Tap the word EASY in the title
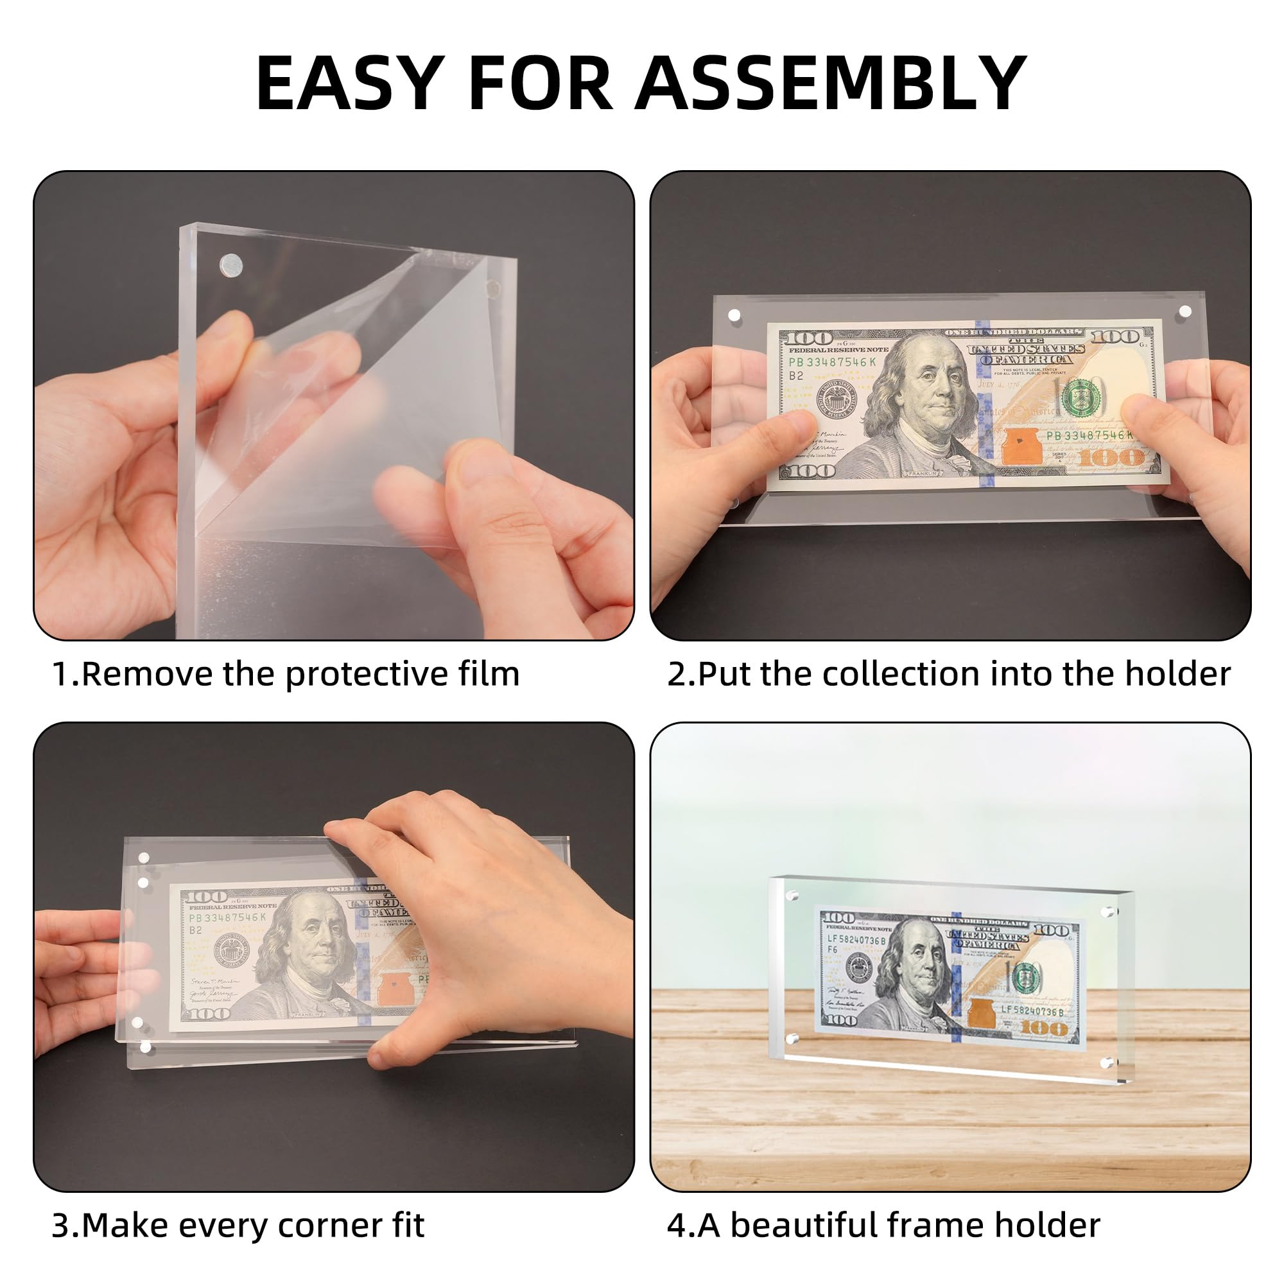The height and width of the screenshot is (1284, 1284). coord(351,83)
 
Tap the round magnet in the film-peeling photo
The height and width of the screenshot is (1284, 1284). coord(230,265)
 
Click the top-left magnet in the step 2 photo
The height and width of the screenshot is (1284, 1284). coord(734,315)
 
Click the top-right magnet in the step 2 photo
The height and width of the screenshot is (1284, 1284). coord(1185,311)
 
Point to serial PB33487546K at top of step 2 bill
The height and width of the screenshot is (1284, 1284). coord(832,362)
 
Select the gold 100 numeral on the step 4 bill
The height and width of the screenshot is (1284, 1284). coord(1044,1030)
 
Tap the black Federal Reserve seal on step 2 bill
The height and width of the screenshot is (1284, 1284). coord(837,399)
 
